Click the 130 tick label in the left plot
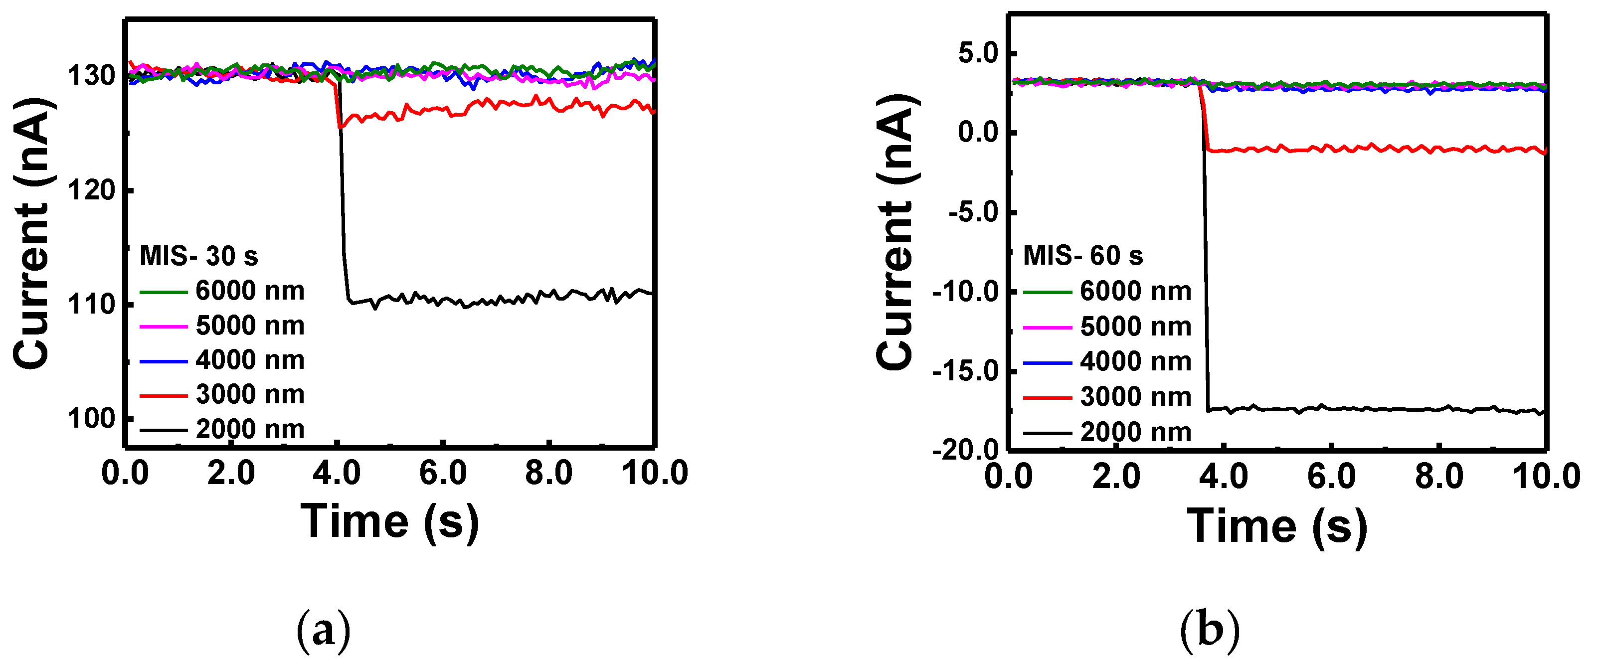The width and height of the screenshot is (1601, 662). (x=91, y=76)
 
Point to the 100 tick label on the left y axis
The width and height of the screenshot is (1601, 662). (x=91, y=419)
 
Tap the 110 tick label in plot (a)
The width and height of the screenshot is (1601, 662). (x=91, y=305)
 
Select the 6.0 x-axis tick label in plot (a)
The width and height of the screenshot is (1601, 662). (x=443, y=473)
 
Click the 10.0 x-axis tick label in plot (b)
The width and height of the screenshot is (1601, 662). (x=1546, y=477)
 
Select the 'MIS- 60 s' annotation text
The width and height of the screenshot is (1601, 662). (x=1082, y=255)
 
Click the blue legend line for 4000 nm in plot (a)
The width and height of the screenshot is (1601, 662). (x=163, y=361)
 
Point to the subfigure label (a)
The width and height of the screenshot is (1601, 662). (x=323, y=631)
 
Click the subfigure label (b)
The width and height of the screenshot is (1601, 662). (x=1209, y=631)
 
